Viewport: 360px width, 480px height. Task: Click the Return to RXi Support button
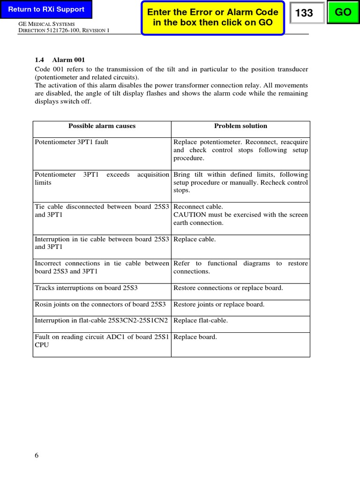click(46, 9)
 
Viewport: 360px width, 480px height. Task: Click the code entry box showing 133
click(307, 13)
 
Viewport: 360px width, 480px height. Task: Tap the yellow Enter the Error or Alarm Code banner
click(213, 17)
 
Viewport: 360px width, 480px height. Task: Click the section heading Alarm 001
click(68, 60)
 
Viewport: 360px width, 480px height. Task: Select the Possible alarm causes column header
click(102, 126)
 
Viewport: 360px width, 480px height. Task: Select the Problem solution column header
click(240, 126)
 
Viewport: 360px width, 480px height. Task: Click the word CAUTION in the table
click(189, 215)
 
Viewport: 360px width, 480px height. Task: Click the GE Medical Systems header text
click(52, 23)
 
